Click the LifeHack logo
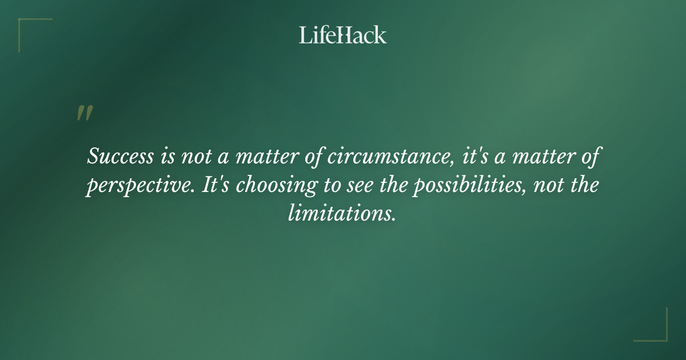(343, 35)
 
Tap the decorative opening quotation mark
(84, 113)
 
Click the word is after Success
(161, 157)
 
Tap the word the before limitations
(584, 186)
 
